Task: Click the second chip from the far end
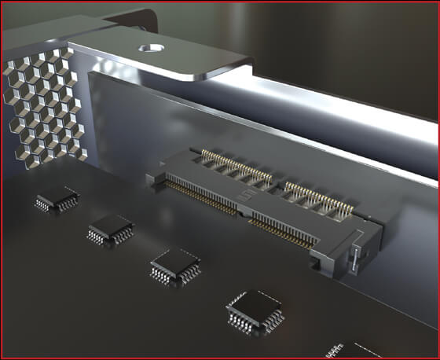(x=110, y=230)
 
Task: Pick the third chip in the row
(x=175, y=263)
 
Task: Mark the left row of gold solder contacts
(x=200, y=197)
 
